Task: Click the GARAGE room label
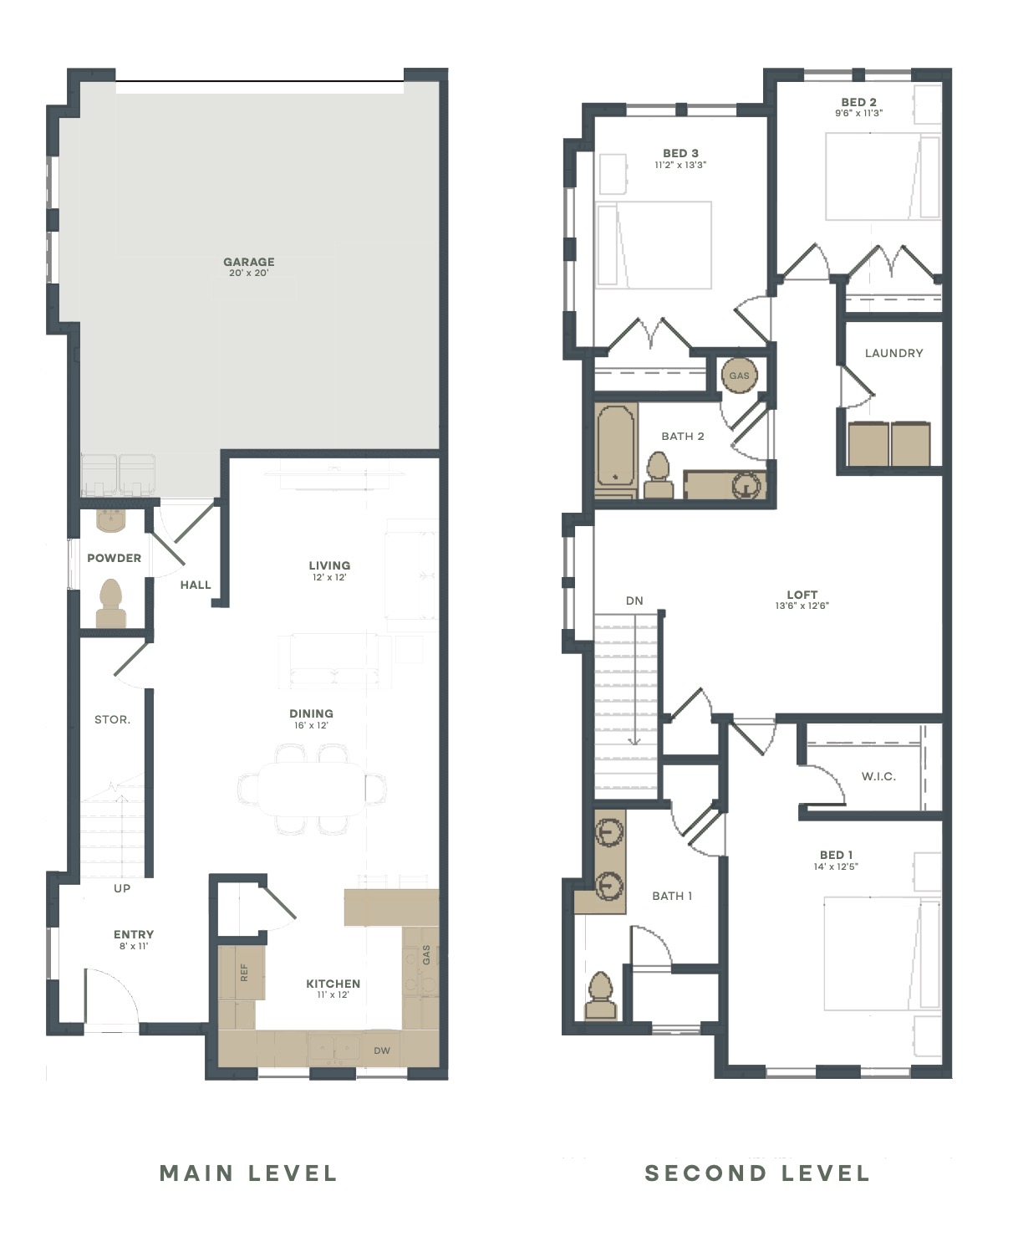point(248,262)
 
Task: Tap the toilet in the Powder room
point(111,603)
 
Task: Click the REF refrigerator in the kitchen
point(242,972)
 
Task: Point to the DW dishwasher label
point(382,1050)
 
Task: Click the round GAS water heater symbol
point(739,376)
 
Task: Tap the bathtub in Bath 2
point(615,451)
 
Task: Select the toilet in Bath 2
point(659,475)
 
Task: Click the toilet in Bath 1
point(600,995)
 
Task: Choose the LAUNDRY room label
point(893,353)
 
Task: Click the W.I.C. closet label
point(878,776)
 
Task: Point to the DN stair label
point(634,601)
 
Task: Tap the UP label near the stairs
point(122,888)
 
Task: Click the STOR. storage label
point(112,719)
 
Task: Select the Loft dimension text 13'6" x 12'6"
point(802,606)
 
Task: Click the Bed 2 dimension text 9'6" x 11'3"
point(859,113)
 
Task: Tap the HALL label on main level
point(196,585)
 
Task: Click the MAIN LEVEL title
point(248,1173)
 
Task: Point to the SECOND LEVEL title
point(756,1173)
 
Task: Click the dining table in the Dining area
point(312,789)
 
